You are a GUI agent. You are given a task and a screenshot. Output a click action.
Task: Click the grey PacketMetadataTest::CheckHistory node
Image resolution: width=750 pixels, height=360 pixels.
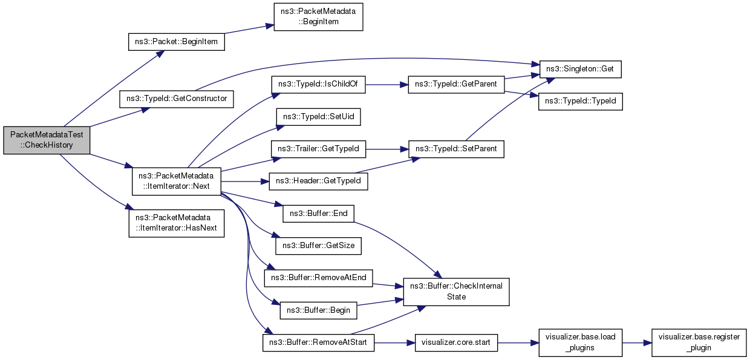[x=47, y=141]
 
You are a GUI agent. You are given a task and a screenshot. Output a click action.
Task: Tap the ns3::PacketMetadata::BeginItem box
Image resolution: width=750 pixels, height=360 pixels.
[x=318, y=16]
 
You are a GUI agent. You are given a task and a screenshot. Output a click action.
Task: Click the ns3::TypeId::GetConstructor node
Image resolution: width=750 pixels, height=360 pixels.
[x=177, y=98]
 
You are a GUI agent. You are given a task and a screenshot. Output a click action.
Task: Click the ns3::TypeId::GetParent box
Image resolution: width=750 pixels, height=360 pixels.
[x=457, y=85]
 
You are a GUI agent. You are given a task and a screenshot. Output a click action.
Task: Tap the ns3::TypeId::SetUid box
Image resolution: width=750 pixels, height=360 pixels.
[x=319, y=117]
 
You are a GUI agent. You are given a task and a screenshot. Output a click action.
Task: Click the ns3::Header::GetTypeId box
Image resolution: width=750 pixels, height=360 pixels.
[x=314, y=181]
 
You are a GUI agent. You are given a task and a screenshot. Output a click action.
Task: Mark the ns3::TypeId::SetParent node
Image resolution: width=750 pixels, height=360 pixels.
[x=457, y=149]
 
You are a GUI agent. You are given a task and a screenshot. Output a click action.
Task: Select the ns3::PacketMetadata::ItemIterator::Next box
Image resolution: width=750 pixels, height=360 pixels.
[x=177, y=181]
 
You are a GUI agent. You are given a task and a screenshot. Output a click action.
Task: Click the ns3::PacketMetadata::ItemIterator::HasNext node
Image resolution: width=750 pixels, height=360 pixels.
[x=177, y=223]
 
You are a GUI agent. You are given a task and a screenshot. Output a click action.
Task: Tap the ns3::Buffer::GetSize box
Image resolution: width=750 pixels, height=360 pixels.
[x=319, y=246]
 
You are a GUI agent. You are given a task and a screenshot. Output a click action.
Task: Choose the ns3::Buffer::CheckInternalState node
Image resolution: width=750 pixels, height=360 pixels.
[x=457, y=291]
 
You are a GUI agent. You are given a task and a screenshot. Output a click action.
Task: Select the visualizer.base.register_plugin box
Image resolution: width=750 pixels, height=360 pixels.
[x=699, y=343]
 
